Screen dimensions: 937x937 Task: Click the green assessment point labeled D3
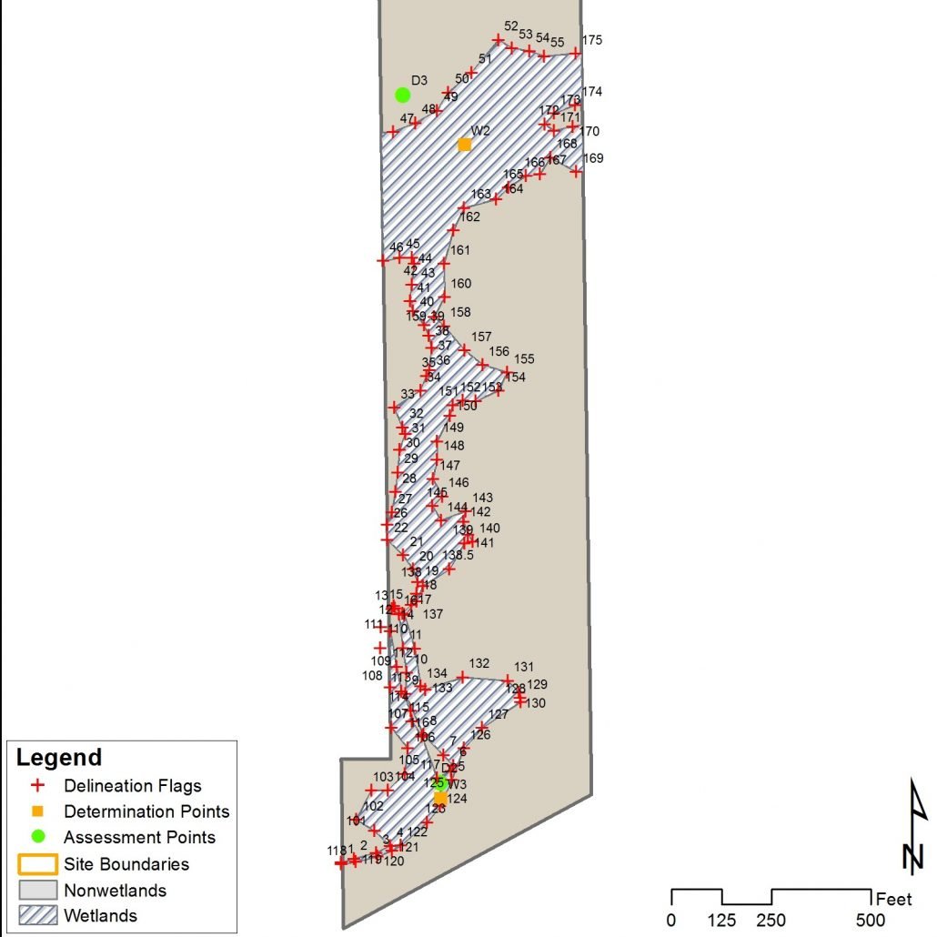click(x=402, y=95)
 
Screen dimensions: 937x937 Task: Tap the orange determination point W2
click(x=464, y=144)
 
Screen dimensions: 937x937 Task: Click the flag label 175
click(x=592, y=40)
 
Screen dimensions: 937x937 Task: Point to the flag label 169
click(x=593, y=158)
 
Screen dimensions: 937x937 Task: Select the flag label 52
click(x=510, y=26)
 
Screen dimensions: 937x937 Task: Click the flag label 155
click(x=525, y=359)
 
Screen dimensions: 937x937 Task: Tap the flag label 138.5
click(x=458, y=555)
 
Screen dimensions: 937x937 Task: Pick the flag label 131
click(x=525, y=667)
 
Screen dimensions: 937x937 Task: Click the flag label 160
click(x=461, y=284)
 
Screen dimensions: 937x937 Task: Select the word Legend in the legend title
click(x=60, y=758)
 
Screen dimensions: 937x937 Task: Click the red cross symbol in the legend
click(x=37, y=786)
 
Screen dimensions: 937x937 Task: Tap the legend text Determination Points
click(x=146, y=811)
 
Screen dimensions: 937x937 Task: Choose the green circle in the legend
click(x=37, y=837)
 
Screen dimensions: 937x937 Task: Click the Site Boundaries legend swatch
click(x=37, y=863)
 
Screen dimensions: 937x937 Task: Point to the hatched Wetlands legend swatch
click(x=37, y=915)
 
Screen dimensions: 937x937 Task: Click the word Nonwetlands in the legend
click(x=115, y=890)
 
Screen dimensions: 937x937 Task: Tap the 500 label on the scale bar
click(x=871, y=919)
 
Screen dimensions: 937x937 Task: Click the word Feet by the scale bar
click(x=893, y=900)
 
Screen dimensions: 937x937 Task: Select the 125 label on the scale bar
click(x=722, y=919)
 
